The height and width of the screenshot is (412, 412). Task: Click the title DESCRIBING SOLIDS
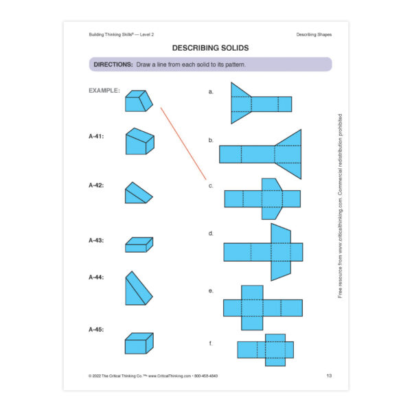(210, 48)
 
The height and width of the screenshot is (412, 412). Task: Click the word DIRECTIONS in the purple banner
(113, 65)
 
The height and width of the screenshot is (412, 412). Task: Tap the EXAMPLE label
(104, 90)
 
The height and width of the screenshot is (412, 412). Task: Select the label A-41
(96, 137)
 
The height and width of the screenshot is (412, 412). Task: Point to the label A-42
(96, 185)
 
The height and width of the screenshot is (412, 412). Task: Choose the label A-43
(96, 240)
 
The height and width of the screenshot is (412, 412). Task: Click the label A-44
(96, 277)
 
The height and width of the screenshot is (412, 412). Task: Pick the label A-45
(96, 330)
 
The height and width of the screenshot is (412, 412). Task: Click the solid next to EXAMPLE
(139, 101)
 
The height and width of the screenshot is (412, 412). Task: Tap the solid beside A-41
(139, 141)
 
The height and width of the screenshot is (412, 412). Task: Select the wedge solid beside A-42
(137, 194)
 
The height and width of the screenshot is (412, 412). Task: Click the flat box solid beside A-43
(139, 244)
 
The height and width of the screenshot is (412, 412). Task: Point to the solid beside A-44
(138, 289)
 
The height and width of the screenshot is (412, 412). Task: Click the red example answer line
(183, 143)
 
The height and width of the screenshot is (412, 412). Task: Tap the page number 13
(329, 376)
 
